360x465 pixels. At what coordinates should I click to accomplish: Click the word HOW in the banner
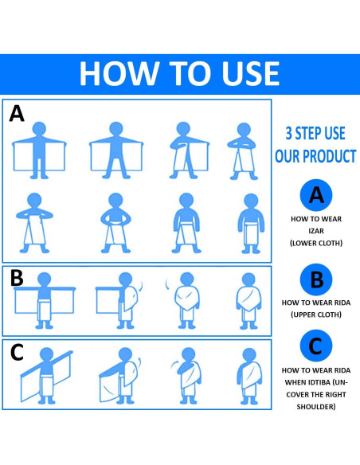pyautogui.click(x=118, y=73)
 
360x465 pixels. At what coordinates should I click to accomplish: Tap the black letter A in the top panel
pyautogui.click(x=17, y=114)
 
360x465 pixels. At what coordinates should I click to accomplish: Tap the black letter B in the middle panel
pyautogui.click(x=17, y=278)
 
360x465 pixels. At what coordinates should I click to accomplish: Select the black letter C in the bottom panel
pyautogui.click(x=17, y=352)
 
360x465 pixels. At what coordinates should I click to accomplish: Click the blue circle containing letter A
pyautogui.click(x=316, y=195)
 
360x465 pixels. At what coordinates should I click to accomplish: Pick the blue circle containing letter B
pyautogui.click(x=316, y=279)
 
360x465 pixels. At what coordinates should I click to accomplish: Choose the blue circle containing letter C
pyautogui.click(x=316, y=346)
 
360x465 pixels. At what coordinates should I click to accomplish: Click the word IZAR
pyautogui.click(x=316, y=231)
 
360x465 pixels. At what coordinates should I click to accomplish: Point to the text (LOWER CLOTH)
pyautogui.click(x=316, y=243)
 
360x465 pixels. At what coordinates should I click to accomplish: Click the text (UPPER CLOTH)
pyautogui.click(x=316, y=315)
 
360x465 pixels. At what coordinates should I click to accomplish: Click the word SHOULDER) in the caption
pyautogui.click(x=316, y=407)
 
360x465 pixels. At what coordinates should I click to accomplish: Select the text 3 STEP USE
pyautogui.click(x=315, y=133)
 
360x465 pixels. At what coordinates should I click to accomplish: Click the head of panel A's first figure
pyautogui.click(x=39, y=129)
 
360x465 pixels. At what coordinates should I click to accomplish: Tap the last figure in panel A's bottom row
pyautogui.click(x=251, y=224)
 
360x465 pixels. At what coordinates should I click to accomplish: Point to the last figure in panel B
pyautogui.click(x=248, y=301)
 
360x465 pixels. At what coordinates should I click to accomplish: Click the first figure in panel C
pyautogui.click(x=46, y=376)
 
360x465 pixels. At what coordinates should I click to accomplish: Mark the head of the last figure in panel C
pyautogui.click(x=249, y=355)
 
